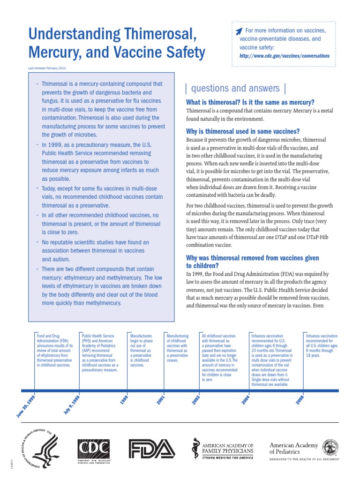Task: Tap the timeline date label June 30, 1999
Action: (25, 406)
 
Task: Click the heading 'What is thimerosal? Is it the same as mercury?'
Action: (250, 102)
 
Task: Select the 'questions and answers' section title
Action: (235, 88)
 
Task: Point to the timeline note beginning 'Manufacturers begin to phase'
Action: (141, 350)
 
